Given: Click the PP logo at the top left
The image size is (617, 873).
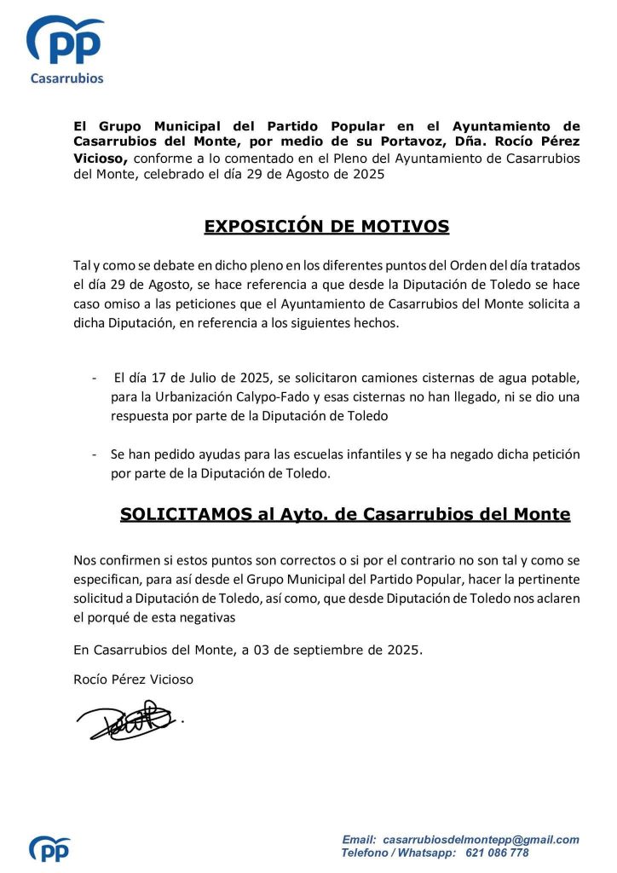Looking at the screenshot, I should (66, 40).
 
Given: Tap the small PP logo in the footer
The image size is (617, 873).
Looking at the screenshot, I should (49, 847).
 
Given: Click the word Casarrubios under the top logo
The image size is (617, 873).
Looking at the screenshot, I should (66, 78).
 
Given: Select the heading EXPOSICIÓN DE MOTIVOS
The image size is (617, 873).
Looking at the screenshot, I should (326, 227).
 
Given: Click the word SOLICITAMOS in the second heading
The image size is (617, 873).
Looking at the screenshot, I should (176, 515).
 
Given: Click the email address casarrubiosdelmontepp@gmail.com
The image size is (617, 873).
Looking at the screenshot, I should (481, 840).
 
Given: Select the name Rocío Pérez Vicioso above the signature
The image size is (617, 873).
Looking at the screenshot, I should (134, 679).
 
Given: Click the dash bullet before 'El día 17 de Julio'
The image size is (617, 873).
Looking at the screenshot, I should (94, 378).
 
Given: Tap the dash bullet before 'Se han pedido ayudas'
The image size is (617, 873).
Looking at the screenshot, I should (94, 454).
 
